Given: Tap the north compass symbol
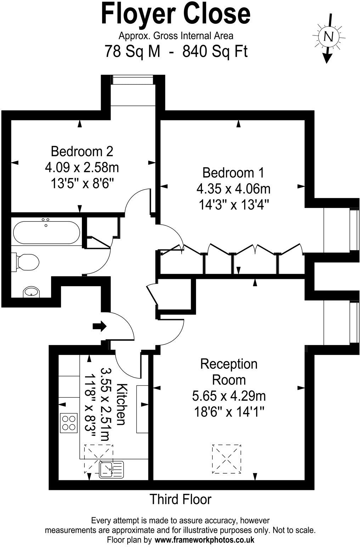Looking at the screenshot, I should click(x=328, y=36).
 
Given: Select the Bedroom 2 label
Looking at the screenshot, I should click(x=82, y=151).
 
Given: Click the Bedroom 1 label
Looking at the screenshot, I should click(x=233, y=173).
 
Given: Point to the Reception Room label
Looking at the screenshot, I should click(x=229, y=372).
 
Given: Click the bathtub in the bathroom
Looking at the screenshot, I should click(x=46, y=232).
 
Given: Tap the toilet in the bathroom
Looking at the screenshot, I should click(x=26, y=263).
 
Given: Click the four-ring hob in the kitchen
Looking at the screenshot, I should click(x=69, y=423).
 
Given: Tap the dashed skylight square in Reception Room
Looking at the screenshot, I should click(x=226, y=458).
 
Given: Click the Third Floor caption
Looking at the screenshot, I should click(x=180, y=499).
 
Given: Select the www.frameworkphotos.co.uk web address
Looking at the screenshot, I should click(x=204, y=540).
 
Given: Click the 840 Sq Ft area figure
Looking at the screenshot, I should click(x=215, y=52).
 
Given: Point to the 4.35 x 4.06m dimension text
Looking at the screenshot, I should click(x=233, y=189).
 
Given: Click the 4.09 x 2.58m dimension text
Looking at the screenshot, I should click(x=82, y=167).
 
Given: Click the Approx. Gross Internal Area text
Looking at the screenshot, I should click(x=176, y=36).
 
